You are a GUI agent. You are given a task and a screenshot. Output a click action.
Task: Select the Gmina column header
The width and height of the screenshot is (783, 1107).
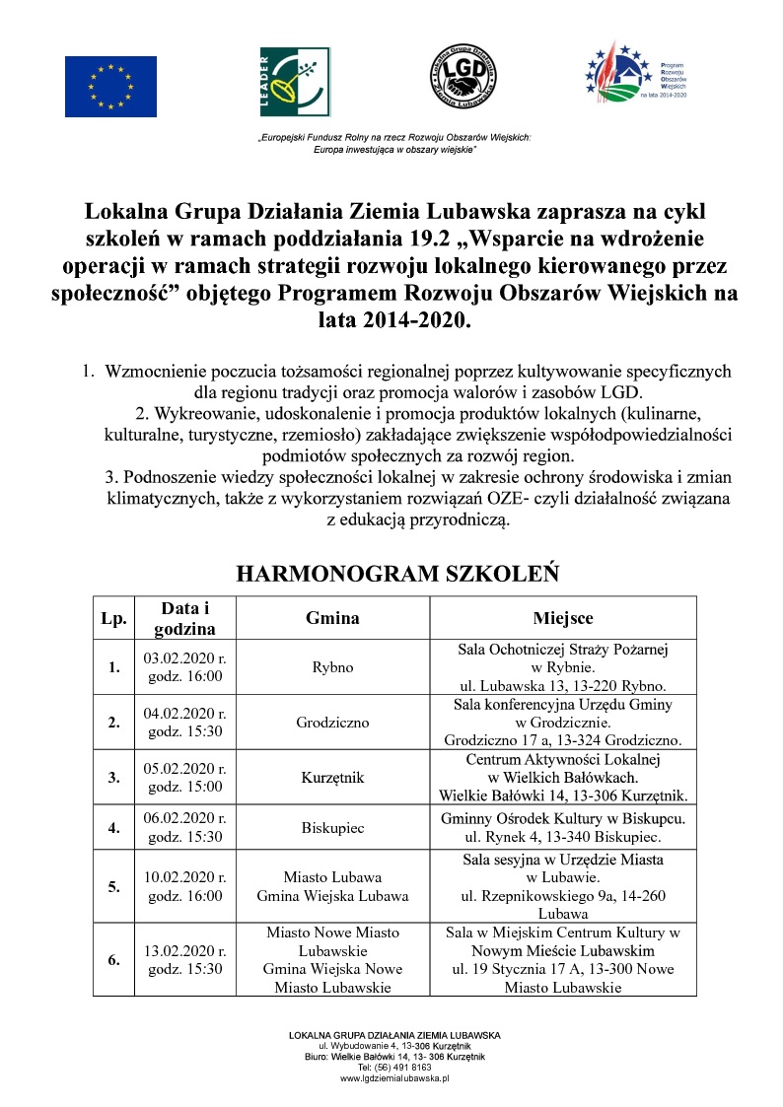point(332,618)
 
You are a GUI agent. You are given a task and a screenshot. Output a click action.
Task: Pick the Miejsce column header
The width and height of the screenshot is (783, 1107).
point(563,618)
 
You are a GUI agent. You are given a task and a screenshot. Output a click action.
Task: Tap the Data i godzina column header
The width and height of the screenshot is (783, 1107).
point(185,618)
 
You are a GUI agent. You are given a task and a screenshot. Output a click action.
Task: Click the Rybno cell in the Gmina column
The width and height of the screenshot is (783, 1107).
point(332,667)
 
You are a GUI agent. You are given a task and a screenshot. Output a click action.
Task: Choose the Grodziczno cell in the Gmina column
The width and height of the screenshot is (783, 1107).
point(332,722)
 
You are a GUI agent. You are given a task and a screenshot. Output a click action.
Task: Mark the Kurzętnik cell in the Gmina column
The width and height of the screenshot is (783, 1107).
point(332,777)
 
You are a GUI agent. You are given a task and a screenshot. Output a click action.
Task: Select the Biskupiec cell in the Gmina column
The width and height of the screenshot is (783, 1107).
point(332,828)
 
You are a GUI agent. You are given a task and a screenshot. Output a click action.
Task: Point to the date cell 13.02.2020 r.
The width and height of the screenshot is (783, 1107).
point(185,951)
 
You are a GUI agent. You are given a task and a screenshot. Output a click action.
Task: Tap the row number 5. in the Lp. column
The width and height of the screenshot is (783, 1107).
point(114,886)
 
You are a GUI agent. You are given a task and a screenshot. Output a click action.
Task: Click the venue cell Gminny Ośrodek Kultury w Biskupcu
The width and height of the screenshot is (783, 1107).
point(563,818)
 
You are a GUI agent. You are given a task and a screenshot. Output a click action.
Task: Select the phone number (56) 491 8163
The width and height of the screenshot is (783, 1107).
point(402,1068)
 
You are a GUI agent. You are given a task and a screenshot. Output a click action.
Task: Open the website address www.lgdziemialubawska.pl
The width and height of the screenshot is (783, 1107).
point(394,1078)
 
